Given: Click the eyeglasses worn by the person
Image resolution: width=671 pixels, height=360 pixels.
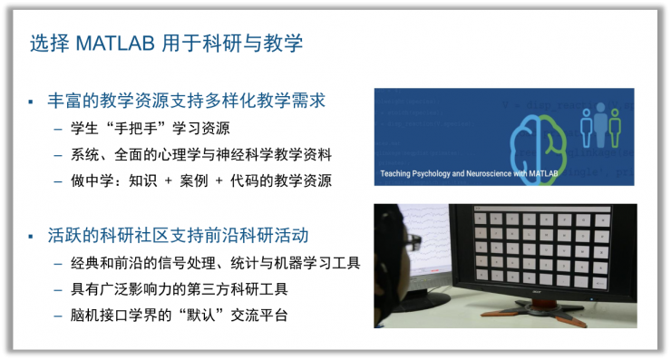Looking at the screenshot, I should (x=413, y=242).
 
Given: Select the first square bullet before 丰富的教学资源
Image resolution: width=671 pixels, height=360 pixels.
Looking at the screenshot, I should (x=30, y=101).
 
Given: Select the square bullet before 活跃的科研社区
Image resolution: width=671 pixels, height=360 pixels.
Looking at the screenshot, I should (x=30, y=237).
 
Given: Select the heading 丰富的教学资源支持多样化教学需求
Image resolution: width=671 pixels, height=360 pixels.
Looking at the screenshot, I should (x=185, y=100).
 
